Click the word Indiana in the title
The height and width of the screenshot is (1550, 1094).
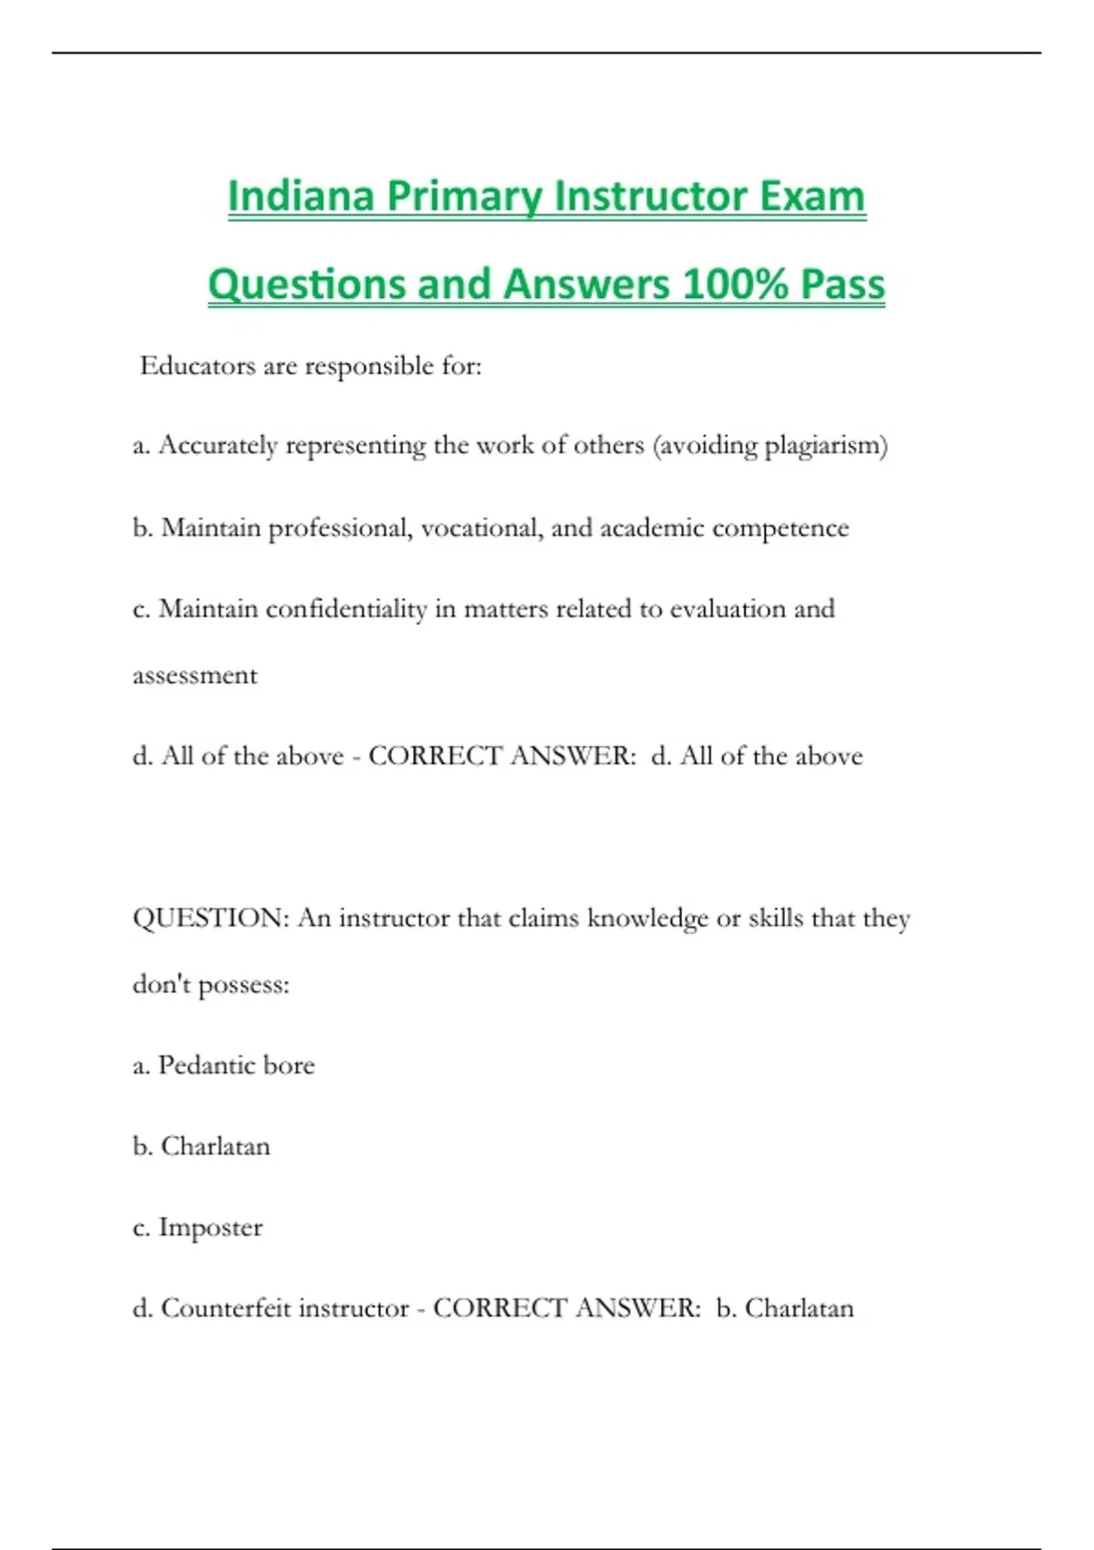click(x=300, y=196)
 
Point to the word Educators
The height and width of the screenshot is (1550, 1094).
click(x=197, y=366)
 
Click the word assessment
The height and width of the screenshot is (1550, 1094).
click(x=195, y=676)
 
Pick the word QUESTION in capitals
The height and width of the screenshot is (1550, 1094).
click(x=211, y=918)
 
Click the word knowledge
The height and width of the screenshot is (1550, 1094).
click(x=647, y=918)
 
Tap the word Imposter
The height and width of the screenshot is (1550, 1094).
click(x=211, y=1227)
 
